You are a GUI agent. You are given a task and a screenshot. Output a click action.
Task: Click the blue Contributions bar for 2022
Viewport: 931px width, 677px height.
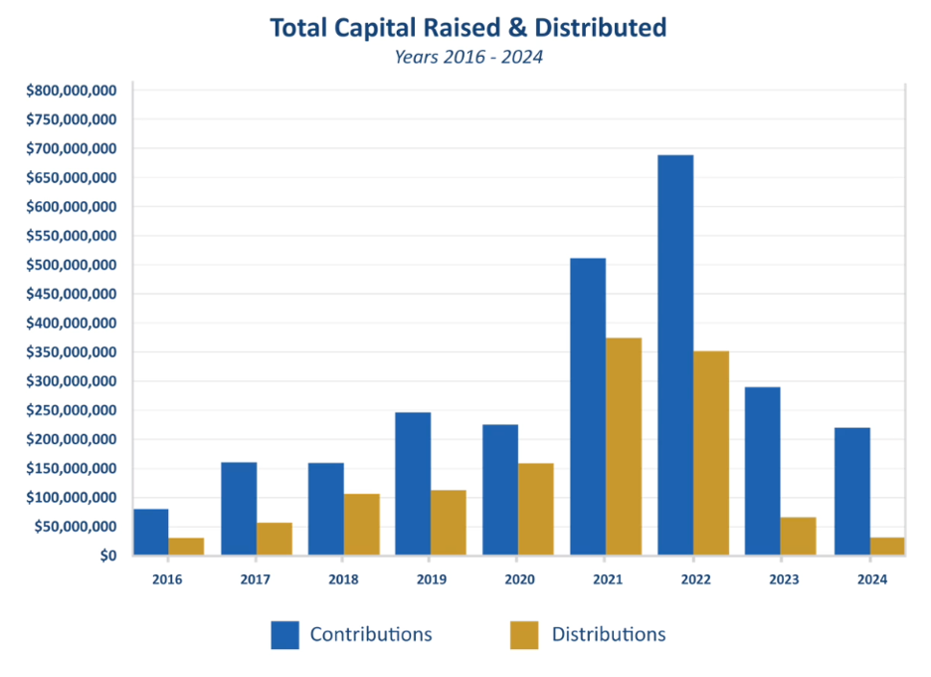coord(675,355)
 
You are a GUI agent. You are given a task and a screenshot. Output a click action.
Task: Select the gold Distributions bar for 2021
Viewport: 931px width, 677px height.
coord(624,446)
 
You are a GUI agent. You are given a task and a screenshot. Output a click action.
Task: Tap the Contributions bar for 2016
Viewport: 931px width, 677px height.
coord(151,532)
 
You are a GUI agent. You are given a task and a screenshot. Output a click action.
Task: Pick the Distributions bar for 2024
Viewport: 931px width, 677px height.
coord(887,547)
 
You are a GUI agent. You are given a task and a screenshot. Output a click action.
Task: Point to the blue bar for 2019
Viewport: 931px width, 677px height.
coord(413,484)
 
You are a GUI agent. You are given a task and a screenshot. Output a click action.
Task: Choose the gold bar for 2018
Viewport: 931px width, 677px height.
coord(362,525)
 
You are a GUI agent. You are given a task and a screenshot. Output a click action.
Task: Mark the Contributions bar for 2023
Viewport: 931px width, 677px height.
coord(763,471)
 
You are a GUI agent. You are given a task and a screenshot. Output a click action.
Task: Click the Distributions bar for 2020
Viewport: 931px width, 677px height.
coord(535,510)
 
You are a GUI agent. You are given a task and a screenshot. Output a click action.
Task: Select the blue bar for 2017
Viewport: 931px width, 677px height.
coord(239,509)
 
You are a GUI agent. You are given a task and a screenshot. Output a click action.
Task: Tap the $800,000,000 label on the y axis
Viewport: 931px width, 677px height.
coord(72,91)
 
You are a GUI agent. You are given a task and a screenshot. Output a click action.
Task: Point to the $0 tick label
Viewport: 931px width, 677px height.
coord(108,556)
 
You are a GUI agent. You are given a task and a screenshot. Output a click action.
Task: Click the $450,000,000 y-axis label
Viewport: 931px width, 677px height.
coord(72,294)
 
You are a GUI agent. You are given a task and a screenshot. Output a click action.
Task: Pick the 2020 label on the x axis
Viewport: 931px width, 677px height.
coord(519,579)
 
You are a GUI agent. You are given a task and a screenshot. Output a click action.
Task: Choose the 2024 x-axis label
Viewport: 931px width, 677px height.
coord(872,579)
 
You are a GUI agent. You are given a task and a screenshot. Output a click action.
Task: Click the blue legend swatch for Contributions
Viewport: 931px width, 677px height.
coord(285,635)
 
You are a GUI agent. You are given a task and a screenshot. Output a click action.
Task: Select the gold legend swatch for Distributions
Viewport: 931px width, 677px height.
coord(524,635)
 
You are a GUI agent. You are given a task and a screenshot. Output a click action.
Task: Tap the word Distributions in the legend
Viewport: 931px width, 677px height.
coord(609,634)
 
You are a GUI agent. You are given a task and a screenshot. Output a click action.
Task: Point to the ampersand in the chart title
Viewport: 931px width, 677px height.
coord(517,28)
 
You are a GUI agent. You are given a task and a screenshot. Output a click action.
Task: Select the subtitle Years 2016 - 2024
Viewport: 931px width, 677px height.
coord(468,57)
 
